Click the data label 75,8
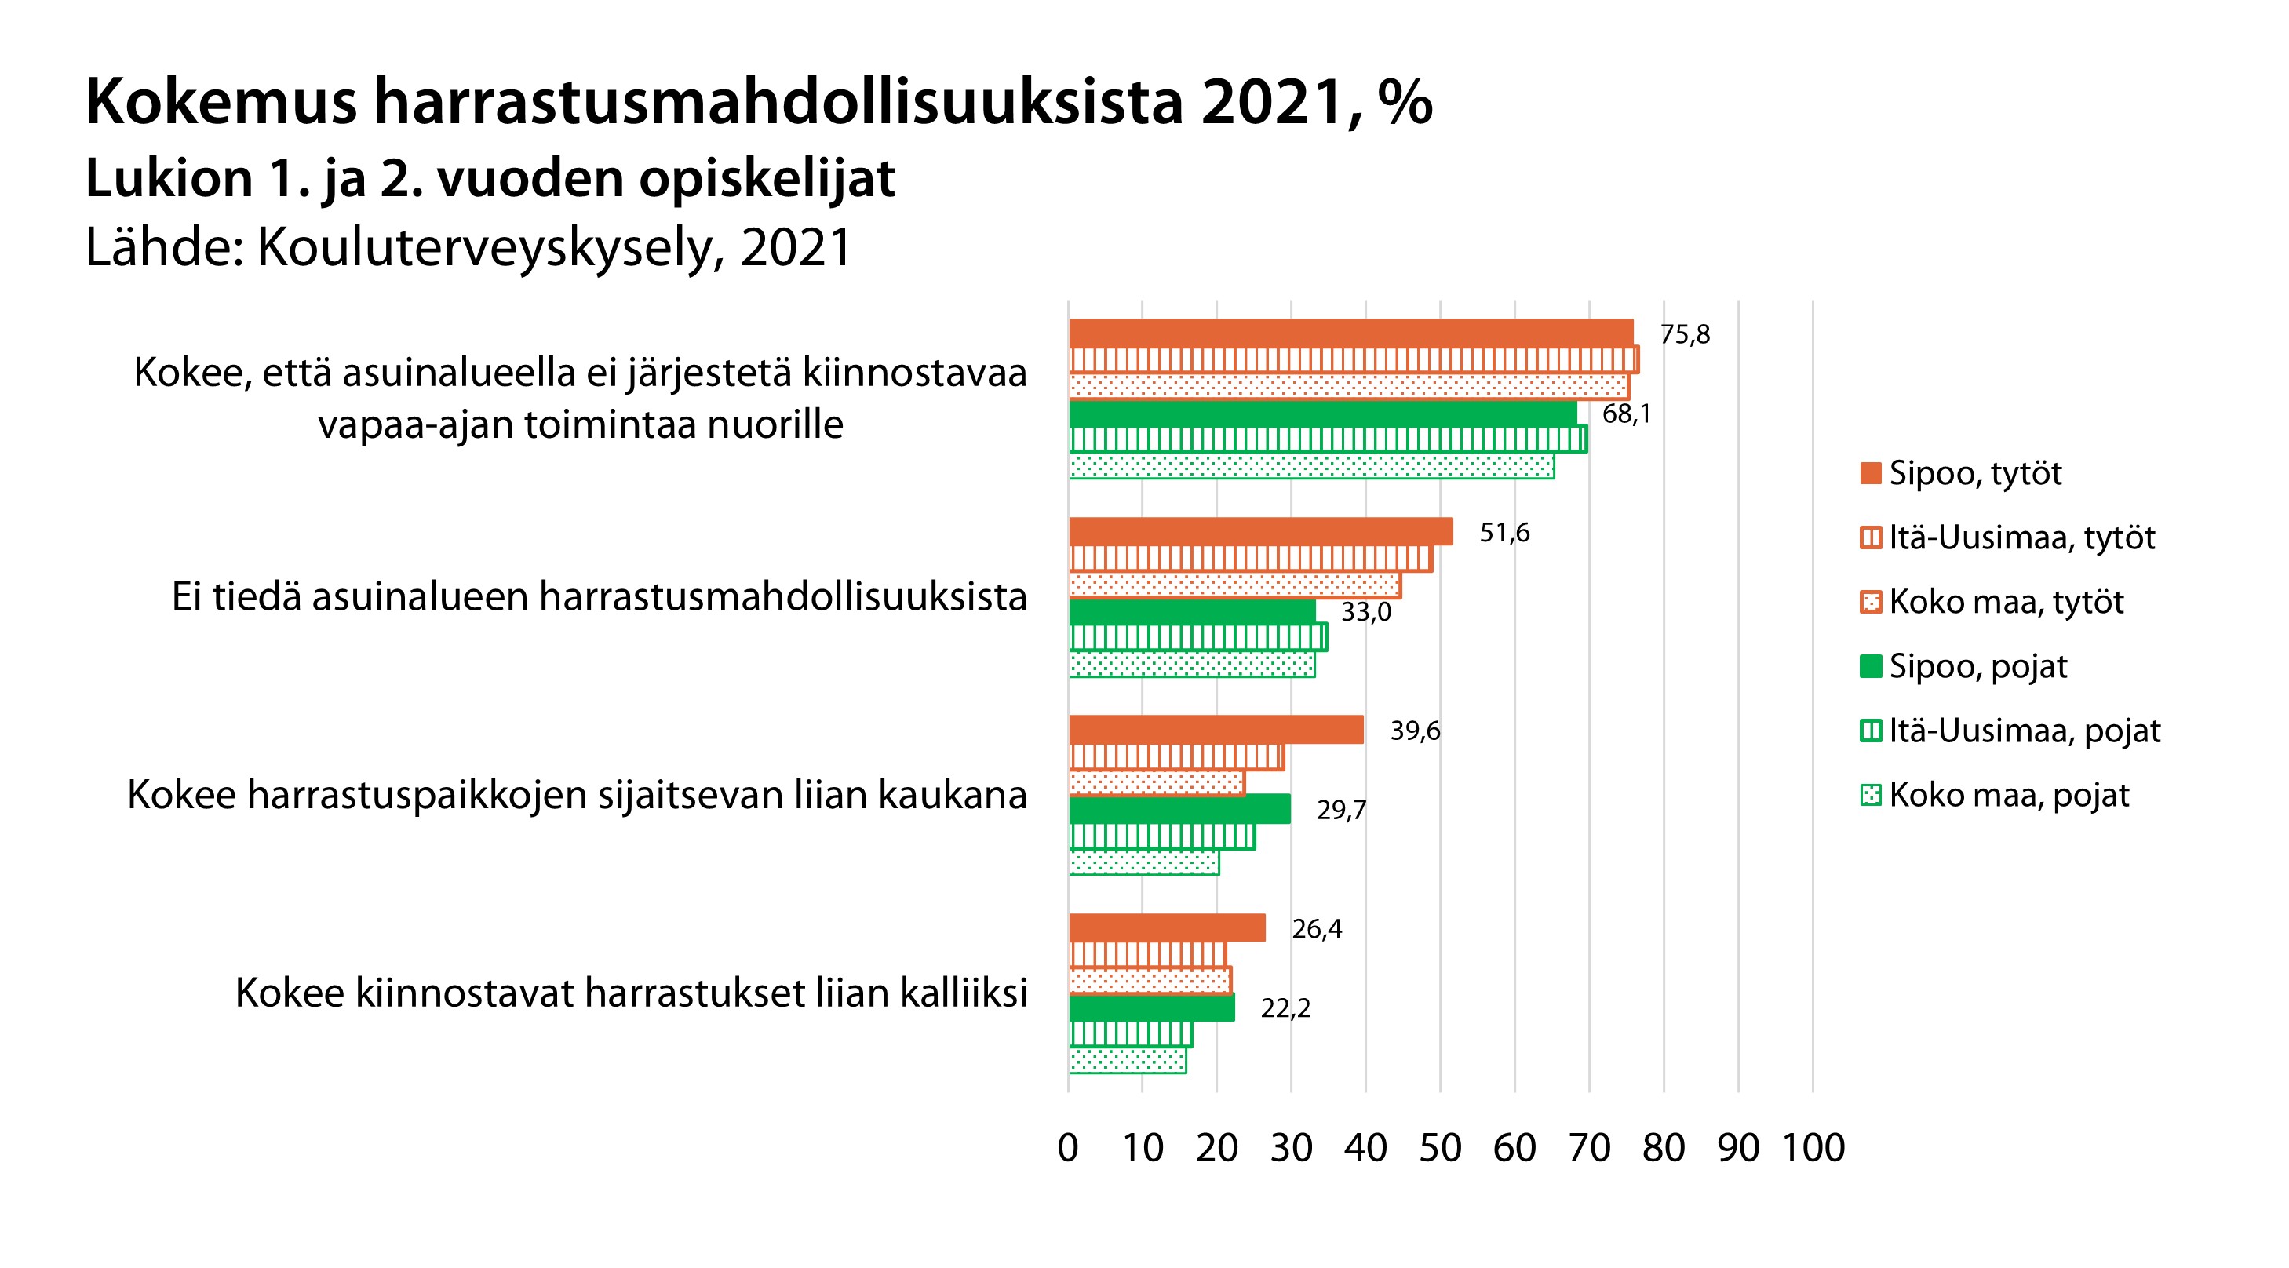[1684, 335]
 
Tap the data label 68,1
[1626, 414]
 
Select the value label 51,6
[1504, 533]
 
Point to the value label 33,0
[1365, 612]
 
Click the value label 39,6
[1415, 731]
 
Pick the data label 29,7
[1341, 811]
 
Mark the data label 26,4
[1317, 930]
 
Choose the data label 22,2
[1285, 1008]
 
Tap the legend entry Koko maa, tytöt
[2006, 602]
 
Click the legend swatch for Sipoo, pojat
[1871, 666]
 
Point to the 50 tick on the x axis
[1439, 1148]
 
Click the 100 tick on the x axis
[1813, 1148]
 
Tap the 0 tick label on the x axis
[1068, 1148]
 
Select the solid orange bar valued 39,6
[1216, 730]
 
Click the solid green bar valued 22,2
[1152, 1007]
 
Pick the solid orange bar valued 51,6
[1260, 531]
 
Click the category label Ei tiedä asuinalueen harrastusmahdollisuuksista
[599, 596]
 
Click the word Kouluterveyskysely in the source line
[485, 248]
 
